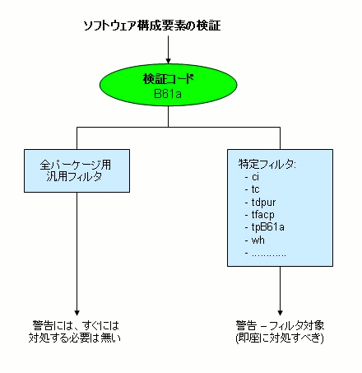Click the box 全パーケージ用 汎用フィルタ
pyautogui.click(x=76, y=170)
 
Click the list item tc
pyautogui.click(x=256, y=189)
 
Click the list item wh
pyautogui.click(x=258, y=239)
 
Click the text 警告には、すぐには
pyautogui.click(x=76, y=324)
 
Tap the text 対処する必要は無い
pyautogui.click(x=76, y=337)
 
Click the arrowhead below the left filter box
pyautogui.click(x=76, y=305)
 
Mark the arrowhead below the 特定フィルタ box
pyautogui.click(x=280, y=305)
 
